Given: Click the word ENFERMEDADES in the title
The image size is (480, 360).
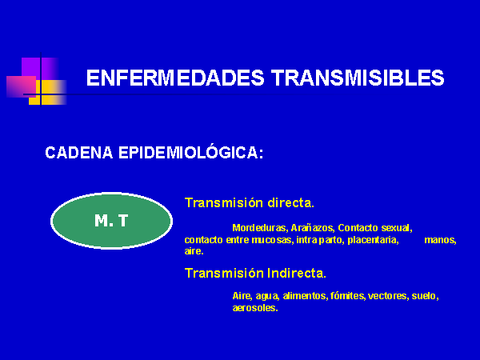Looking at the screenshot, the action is point(175,78).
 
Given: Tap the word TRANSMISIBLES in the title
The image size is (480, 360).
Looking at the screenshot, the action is point(358,78).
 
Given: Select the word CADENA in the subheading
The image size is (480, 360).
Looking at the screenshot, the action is point(79,153).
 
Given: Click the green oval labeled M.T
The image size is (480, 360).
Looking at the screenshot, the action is point(111,221).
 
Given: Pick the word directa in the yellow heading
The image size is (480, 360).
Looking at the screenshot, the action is point(291,202).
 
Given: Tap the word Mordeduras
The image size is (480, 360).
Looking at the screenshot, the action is point(259,228).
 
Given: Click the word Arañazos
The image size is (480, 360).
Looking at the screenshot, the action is point(313,228).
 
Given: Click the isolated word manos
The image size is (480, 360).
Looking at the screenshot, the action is point(440,240).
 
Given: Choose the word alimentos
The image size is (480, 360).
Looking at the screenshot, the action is point(306,296).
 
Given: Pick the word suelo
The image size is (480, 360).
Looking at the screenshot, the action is point(425,296).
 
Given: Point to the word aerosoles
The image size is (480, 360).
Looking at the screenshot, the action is point(255,308).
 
